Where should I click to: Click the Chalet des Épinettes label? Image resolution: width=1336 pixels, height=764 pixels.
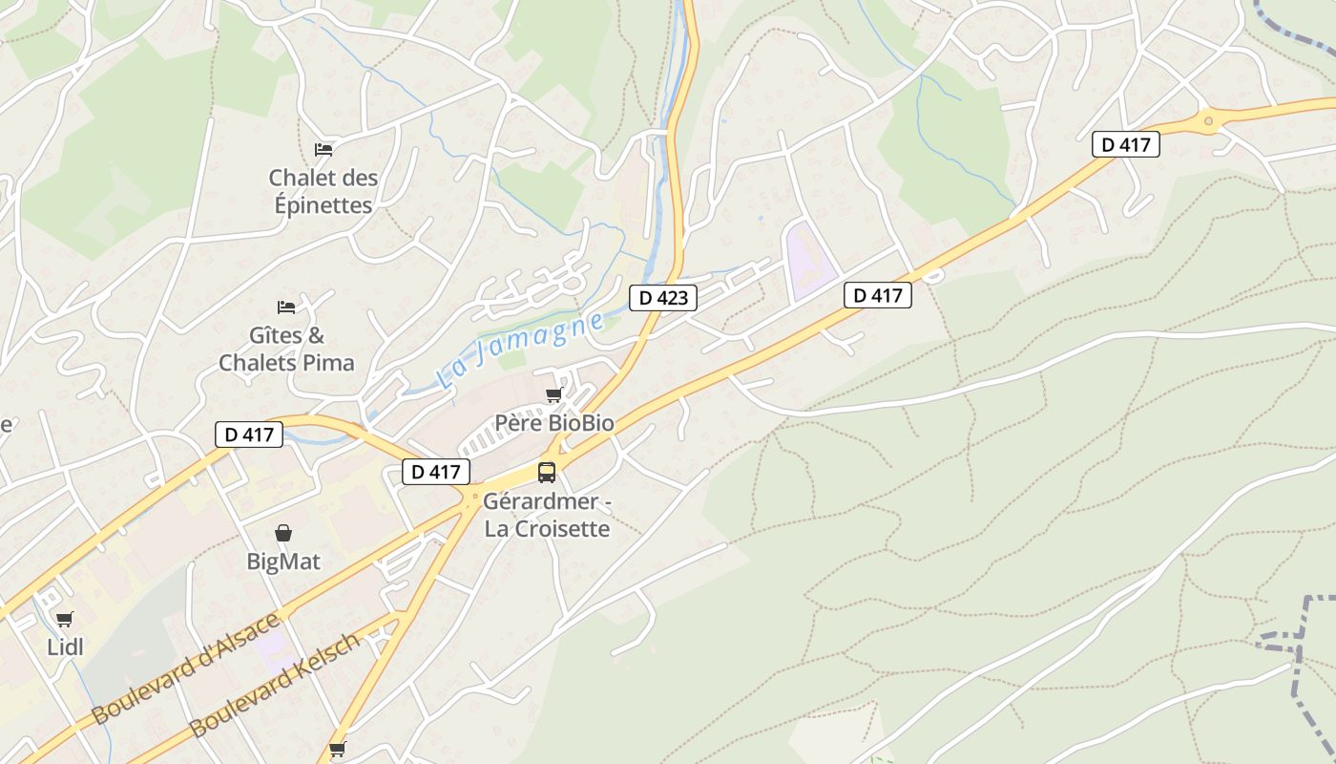click(x=323, y=191)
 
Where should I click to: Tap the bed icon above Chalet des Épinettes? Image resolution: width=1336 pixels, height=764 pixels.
click(x=324, y=149)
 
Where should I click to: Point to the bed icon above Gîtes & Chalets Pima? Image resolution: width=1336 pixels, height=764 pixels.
click(x=286, y=307)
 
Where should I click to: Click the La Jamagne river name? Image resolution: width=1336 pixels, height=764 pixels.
click(x=520, y=350)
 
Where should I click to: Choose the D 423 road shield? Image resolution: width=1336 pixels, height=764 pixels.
click(x=663, y=298)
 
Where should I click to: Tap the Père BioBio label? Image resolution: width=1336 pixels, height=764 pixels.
click(x=553, y=422)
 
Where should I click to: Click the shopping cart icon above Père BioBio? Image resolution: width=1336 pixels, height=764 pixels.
click(x=553, y=395)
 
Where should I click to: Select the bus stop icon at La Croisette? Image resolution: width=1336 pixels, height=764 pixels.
click(x=546, y=472)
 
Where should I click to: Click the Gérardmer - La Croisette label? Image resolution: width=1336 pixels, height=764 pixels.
click(x=547, y=515)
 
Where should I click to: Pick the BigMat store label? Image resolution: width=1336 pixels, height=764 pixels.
click(x=283, y=562)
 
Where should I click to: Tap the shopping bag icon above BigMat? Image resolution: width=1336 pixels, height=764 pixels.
click(x=283, y=533)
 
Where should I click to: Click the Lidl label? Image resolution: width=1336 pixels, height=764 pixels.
click(x=65, y=647)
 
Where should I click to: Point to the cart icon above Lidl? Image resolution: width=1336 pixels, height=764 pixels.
click(x=64, y=620)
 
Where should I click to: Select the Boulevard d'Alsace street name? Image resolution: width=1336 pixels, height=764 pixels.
click(x=187, y=668)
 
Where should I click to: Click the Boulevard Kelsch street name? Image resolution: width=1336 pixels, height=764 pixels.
click(x=275, y=684)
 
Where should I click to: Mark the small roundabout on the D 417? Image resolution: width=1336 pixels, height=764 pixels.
click(x=1209, y=120)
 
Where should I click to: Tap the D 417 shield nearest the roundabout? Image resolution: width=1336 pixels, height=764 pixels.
click(x=1126, y=145)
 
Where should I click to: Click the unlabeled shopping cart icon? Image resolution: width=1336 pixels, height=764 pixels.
click(x=337, y=749)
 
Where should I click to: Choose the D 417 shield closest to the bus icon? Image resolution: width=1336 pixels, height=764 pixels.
click(x=436, y=472)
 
